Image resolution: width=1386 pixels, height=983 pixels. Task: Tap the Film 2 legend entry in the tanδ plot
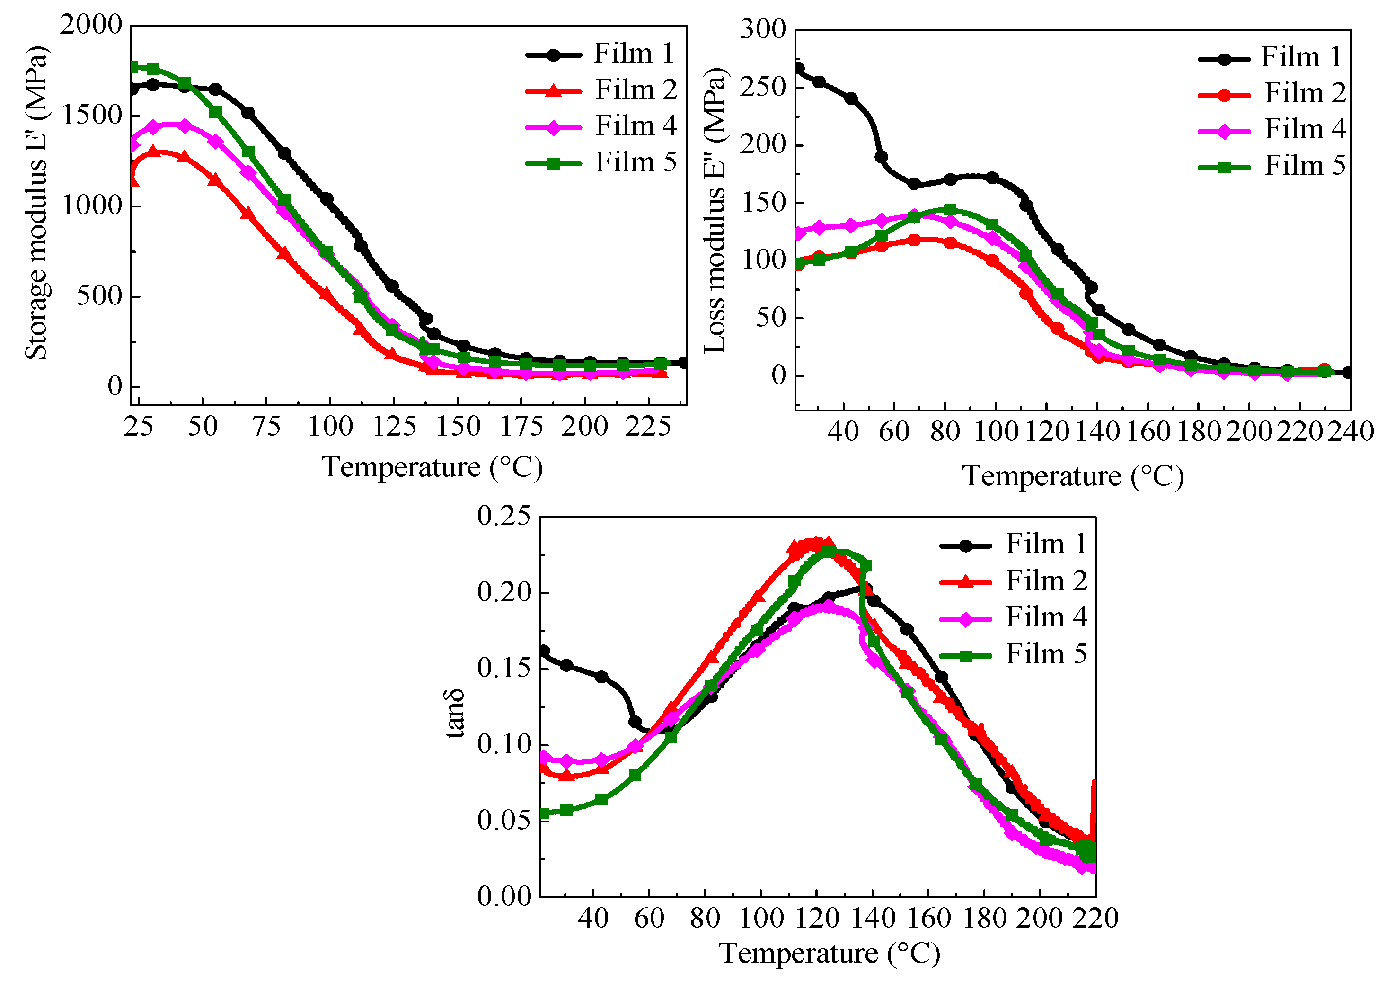[x=1045, y=581]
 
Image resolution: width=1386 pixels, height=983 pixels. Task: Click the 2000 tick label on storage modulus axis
[x=91, y=26]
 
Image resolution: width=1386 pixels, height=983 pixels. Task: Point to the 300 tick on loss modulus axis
[x=762, y=30]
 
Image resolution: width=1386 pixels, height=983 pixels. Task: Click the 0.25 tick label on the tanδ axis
[x=503, y=516]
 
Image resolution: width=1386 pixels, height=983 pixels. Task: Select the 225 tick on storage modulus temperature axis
[x=647, y=427]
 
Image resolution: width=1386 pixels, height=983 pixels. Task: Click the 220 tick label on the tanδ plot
[x=1095, y=919]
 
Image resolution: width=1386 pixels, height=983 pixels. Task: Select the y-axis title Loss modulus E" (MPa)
[x=715, y=211]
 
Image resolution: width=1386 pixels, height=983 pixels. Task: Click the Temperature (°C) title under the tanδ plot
[x=829, y=954]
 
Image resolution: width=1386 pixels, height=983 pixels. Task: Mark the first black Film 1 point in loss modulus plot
[x=799, y=68]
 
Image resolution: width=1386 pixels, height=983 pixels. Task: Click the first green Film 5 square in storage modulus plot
[x=135, y=67]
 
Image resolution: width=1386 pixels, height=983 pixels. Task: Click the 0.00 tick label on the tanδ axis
[x=503, y=896]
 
